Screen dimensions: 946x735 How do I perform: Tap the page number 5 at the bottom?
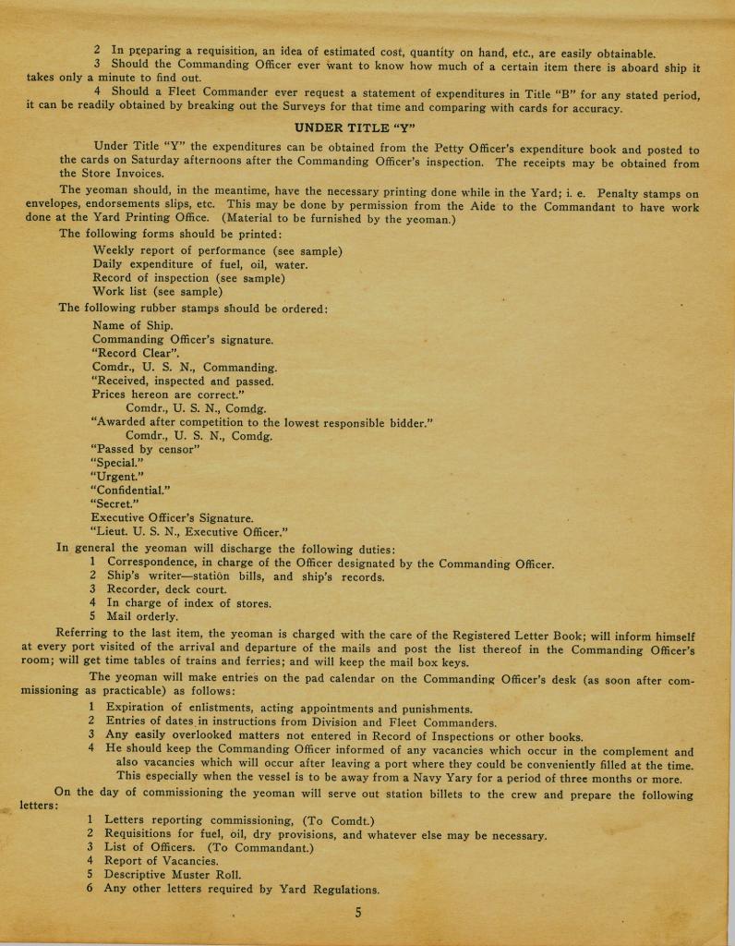pos(358,914)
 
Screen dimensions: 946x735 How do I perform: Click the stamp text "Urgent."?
pos(117,477)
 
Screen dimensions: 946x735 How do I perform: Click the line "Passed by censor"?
pos(145,449)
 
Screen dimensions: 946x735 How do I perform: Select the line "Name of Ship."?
pos(133,325)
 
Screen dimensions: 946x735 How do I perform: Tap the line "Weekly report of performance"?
pos(218,251)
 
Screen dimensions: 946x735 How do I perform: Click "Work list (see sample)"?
pos(158,292)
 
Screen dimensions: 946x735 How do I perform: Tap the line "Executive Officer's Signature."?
pos(173,518)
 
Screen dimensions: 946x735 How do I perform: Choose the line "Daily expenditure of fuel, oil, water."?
pos(200,265)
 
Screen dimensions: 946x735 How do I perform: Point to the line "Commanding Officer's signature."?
pos(183,339)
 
